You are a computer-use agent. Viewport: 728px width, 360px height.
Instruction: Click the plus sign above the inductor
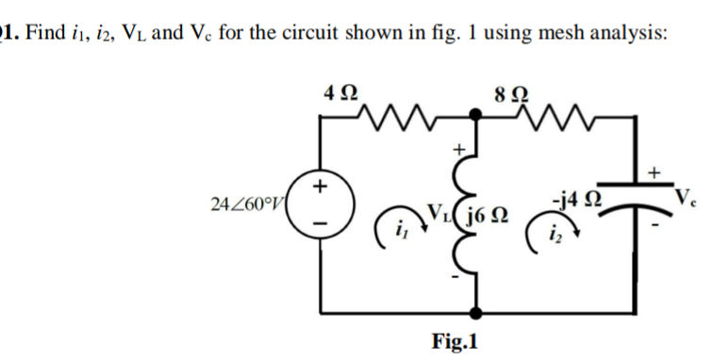tap(461, 147)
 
